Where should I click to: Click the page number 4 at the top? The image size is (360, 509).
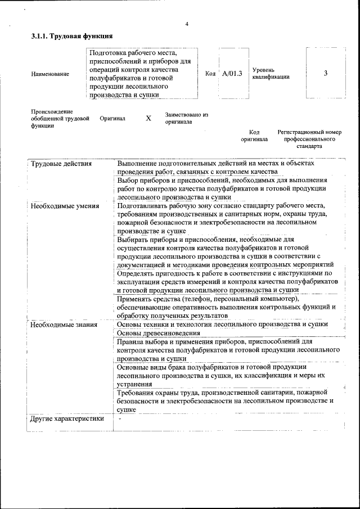tap(186, 23)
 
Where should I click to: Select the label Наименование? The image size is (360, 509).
tap(50, 74)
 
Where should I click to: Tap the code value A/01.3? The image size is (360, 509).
tap(232, 73)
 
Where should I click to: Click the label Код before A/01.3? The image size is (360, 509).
tap(210, 74)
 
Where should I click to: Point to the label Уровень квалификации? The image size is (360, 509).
tap(271, 73)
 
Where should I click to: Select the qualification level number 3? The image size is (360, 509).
tap(325, 73)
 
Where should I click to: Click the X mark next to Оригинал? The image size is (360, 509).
tap(148, 119)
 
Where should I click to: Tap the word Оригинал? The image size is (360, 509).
tap(112, 119)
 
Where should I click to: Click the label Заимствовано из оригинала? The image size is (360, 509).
tap(186, 118)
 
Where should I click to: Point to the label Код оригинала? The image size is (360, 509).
tap(254, 136)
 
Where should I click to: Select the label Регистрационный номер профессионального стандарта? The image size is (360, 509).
tap(309, 139)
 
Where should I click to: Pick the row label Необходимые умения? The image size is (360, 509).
tap(65, 206)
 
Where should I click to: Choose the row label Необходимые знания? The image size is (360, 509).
tap(64, 325)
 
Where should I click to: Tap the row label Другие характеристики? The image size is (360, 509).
tap(67, 418)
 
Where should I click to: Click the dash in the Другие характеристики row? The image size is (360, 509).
tap(119, 418)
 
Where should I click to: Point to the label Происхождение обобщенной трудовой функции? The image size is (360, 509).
tap(60, 119)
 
